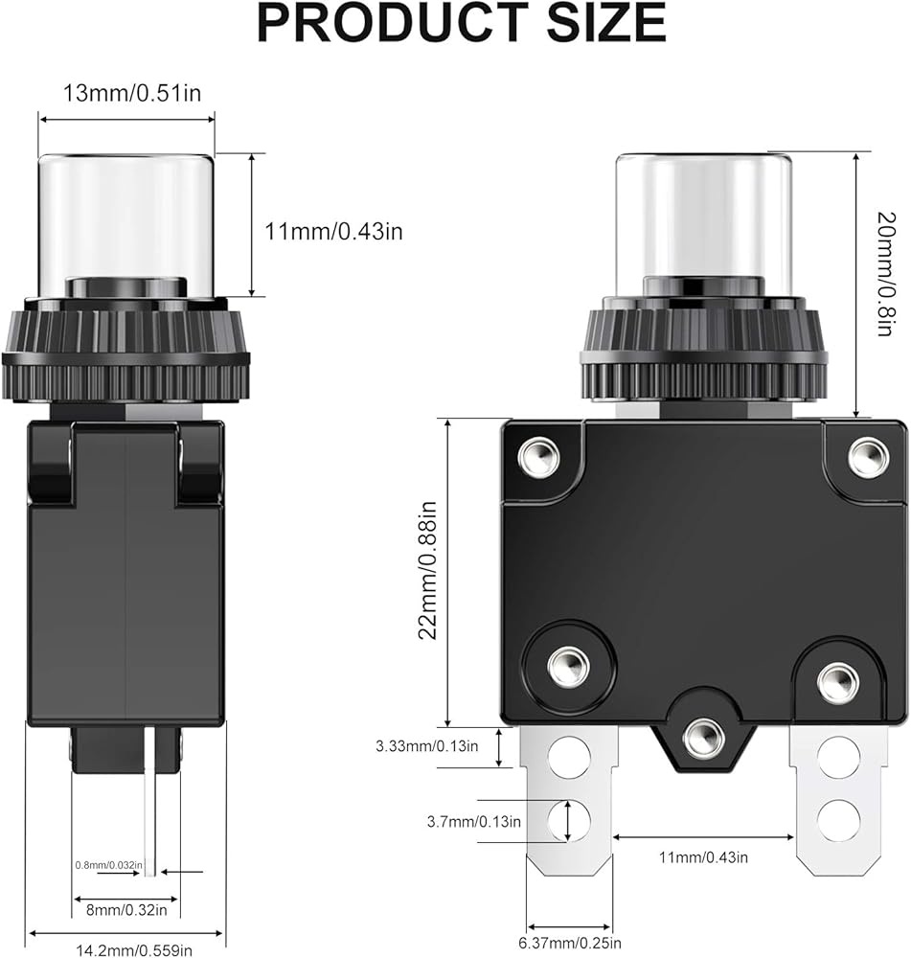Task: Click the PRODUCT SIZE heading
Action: pyautogui.click(x=462, y=23)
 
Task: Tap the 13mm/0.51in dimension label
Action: pyautogui.click(x=132, y=93)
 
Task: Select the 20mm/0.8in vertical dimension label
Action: pyautogui.click(x=886, y=274)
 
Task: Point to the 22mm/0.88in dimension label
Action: pyautogui.click(x=427, y=570)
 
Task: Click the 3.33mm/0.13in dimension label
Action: pyautogui.click(x=427, y=746)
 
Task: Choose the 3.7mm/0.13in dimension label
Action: pyautogui.click(x=474, y=822)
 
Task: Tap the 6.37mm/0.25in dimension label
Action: pyautogui.click(x=570, y=944)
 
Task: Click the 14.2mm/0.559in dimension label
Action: pyautogui.click(x=134, y=950)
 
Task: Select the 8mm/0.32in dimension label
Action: pyautogui.click(x=126, y=910)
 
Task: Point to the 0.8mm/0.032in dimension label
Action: pyautogui.click(x=109, y=865)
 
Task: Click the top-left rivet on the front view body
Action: pyautogui.click(x=539, y=456)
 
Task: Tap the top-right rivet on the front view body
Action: pyautogui.click(x=869, y=456)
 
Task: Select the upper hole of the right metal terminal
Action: pyautogui.click(x=838, y=758)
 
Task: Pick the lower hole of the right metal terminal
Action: pyautogui.click(x=838, y=820)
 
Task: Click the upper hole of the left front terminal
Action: pyautogui.click(x=569, y=758)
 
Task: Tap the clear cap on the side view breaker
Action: pyautogui.click(x=126, y=226)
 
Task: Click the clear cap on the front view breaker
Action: pyautogui.click(x=704, y=226)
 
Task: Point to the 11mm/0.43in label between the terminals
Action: pyautogui.click(x=703, y=857)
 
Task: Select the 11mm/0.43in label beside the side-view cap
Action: pyautogui.click(x=333, y=232)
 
